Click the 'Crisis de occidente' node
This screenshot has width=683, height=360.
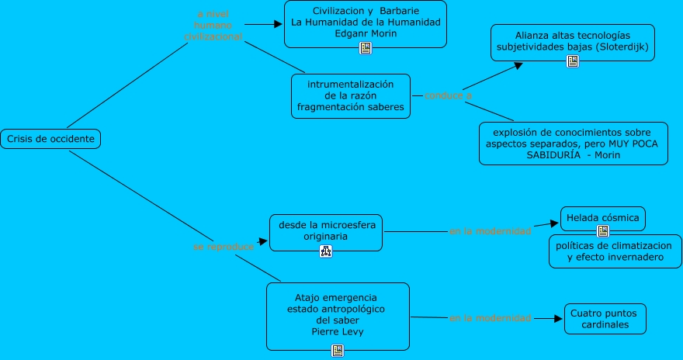point(50,140)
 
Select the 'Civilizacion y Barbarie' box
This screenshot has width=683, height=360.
point(366,22)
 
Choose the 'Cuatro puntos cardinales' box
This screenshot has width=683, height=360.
point(605,319)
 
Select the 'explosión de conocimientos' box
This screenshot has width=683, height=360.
point(573,143)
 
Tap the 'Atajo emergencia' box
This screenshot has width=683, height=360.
point(337,314)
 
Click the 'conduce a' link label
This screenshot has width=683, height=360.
point(448,95)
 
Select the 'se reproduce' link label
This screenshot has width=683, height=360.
point(224,246)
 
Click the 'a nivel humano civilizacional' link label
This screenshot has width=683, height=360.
point(213,26)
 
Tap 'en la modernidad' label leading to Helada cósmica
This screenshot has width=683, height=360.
point(490,230)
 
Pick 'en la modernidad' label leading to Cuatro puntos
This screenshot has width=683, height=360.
point(490,318)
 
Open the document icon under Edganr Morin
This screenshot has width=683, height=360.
point(366,48)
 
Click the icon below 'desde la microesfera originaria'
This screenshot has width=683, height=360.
point(325,251)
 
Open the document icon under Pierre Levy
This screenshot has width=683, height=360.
point(337,350)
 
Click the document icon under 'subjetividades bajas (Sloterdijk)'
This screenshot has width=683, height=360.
point(572,61)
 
